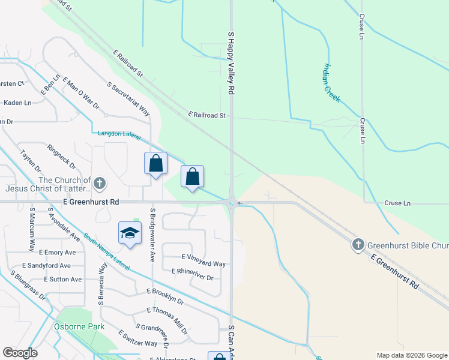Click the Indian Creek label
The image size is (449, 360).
pyautogui.click(x=332, y=82)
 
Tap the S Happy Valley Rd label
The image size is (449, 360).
pyautogui.click(x=231, y=63)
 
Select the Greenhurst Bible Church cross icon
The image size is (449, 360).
pyautogui.click(x=358, y=244)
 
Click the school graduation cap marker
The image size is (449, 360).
pyautogui.click(x=130, y=233)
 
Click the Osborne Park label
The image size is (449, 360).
pyautogui.click(x=80, y=326)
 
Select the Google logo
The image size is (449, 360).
pyautogui.click(x=20, y=353)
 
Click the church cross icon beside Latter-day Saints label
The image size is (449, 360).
pyautogui.click(x=100, y=182)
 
